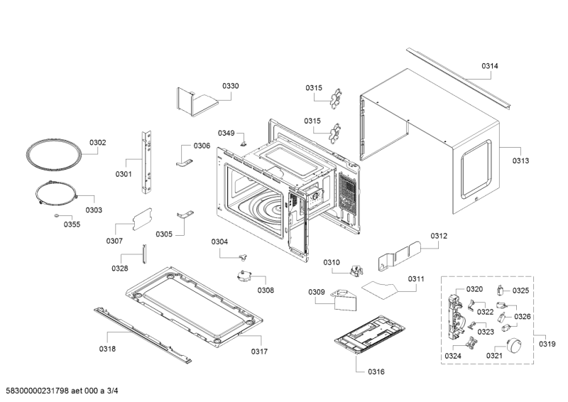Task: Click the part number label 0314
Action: click(489, 66)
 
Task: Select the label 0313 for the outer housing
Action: click(520, 161)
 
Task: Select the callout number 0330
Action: click(230, 85)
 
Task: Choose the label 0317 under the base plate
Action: click(259, 351)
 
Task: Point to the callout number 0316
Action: click(376, 371)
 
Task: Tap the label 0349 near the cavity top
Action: click(226, 133)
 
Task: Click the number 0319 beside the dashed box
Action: click(547, 344)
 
